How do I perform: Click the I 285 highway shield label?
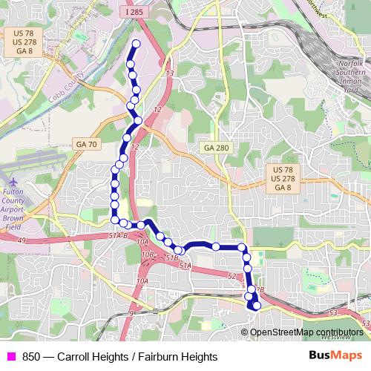coord(134,13)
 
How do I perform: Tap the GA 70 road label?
coord(85,143)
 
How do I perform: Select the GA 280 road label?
coord(216,148)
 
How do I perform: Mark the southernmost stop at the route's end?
coord(257,305)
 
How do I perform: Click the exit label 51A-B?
coord(118,235)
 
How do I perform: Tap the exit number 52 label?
coord(232,276)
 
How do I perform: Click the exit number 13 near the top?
coord(169,73)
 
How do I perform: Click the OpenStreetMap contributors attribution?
coord(306,332)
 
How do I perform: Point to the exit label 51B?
coord(171,258)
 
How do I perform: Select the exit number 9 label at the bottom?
coord(131,313)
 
